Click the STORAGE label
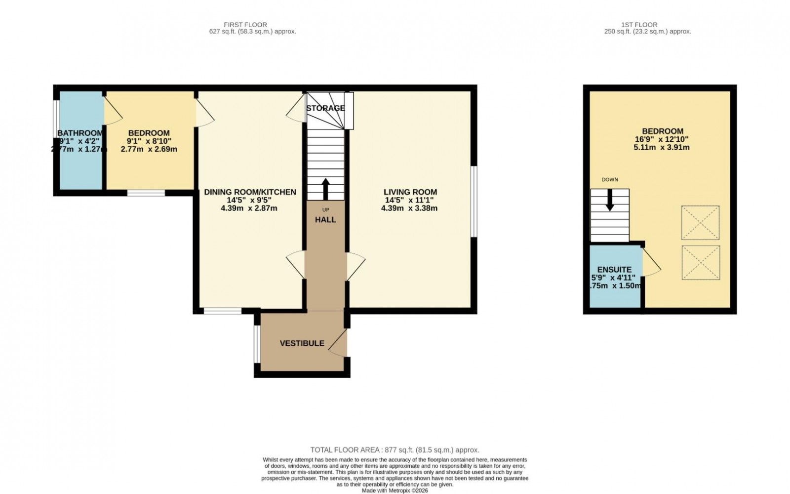click(x=325, y=108)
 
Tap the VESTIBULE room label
click(x=302, y=343)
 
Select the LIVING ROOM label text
click(x=410, y=192)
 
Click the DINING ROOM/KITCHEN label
click(x=250, y=192)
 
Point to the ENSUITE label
click(x=614, y=270)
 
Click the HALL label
click(x=325, y=220)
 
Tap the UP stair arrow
click(x=325, y=188)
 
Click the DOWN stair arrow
click(x=610, y=200)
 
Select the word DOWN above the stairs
click(x=610, y=180)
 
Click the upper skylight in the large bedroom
click(x=700, y=223)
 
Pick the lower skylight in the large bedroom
click(x=700, y=262)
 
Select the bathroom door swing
click(x=112, y=111)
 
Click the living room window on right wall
click(x=474, y=201)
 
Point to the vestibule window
click(x=257, y=343)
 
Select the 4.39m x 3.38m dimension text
click(x=409, y=208)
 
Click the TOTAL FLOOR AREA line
click(x=395, y=450)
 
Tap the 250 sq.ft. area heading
click(x=648, y=31)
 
